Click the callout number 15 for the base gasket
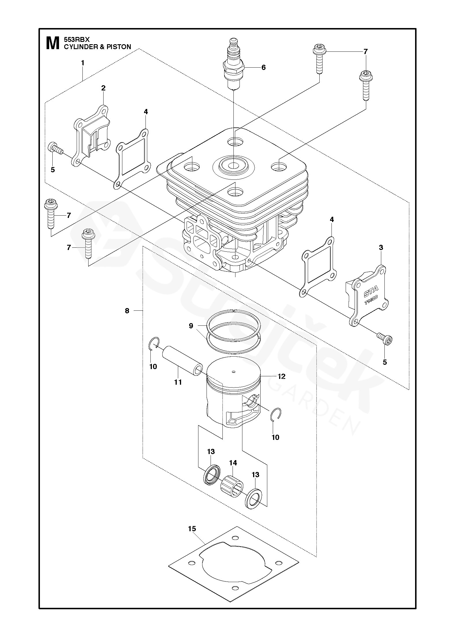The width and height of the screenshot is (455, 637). coord(192,529)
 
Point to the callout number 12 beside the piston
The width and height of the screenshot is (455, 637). coord(281,376)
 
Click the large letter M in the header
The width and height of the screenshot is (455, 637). coord(52,43)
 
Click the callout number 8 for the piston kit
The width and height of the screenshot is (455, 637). coord(127,311)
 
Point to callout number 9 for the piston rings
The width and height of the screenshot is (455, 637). coord(191,326)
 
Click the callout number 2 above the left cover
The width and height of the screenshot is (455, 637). coord(103,88)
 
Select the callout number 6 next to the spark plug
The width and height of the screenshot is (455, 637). coord(263,67)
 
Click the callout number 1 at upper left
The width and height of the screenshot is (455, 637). coord(83,63)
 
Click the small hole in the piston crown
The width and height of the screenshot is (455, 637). coord(234,372)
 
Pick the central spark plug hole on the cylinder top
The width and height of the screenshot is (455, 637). coord(233,166)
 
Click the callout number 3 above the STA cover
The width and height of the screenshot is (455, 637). coord(381,247)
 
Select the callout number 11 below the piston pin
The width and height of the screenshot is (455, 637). coord(178,382)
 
